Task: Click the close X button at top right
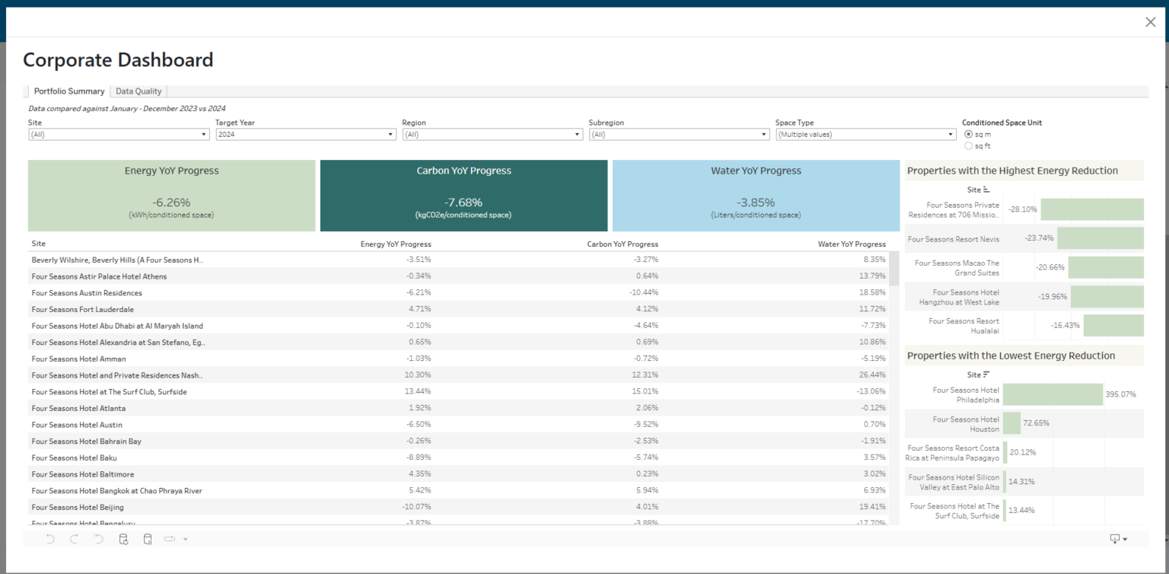(1150, 22)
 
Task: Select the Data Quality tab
(139, 91)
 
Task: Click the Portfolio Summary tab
(69, 91)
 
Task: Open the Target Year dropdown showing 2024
(305, 134)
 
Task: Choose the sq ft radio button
(968, 145)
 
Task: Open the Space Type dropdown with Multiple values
(865, 134)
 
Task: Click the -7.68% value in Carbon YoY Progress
(463, 202)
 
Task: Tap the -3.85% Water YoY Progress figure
(756, 202)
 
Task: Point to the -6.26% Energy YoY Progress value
(171, 202)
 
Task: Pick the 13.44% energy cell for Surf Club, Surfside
(419, 392)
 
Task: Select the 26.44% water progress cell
(872, 375)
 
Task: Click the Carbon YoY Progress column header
(623, 244)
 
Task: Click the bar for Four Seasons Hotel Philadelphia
(1053, 394)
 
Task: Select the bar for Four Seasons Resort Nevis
(1100, 238)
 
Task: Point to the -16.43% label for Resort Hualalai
(1065, 325)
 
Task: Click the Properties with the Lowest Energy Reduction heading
(1011, 356)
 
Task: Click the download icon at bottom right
(1116, 539)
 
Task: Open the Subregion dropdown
(679, 134)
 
